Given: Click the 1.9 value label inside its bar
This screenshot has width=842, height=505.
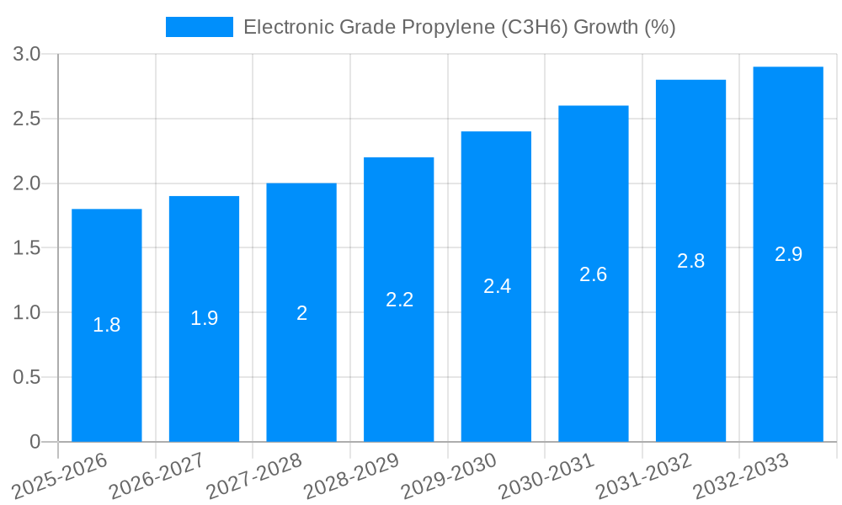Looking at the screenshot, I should click(205, 318).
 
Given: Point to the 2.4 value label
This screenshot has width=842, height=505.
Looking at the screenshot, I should click(497, 286).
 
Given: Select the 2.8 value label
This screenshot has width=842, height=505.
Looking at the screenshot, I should click(691, 261).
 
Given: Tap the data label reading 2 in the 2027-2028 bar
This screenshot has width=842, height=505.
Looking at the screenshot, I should click(301, 313).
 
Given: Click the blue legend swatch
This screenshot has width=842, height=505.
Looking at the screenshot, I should click(200, 28).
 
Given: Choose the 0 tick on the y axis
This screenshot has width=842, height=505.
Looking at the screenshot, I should click(35, 442).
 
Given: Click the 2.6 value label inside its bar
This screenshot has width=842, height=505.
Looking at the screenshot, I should click(594, 274).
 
